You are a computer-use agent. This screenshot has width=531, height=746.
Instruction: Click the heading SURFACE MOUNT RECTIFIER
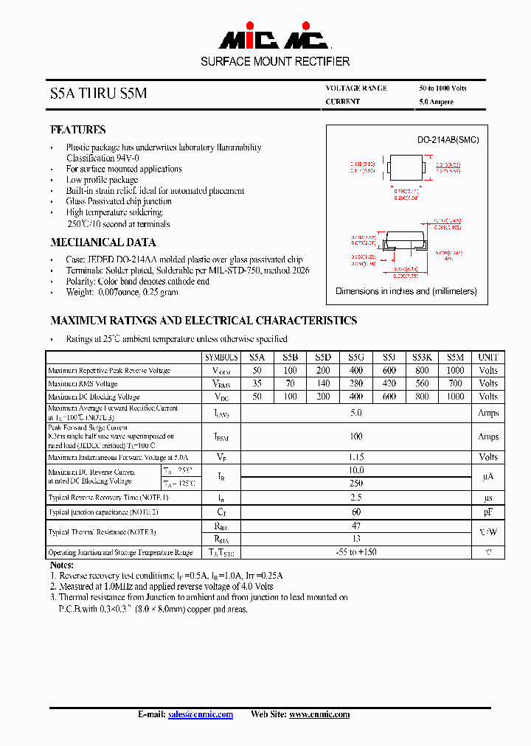pos(275,61)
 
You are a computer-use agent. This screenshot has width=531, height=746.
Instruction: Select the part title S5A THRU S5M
pos(98,94)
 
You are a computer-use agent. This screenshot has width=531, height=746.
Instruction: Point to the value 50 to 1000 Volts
pos(442,88)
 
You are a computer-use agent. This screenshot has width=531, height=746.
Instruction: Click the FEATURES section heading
pos(78,130)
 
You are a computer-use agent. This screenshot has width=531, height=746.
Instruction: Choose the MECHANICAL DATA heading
pos(103,243)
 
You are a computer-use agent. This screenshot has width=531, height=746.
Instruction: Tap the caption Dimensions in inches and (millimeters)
pos(406,291)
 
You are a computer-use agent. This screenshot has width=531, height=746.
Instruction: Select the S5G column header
pos(356,356)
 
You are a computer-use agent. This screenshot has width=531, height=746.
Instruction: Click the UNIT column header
pos(488,356)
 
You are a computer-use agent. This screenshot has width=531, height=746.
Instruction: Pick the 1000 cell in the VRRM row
pos(455,370)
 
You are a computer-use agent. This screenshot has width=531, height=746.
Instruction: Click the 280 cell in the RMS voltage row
pos(356,383)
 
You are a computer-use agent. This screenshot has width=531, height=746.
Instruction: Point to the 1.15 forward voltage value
pos(356,457)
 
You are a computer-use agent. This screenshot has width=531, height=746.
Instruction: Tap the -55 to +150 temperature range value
pos(356,552)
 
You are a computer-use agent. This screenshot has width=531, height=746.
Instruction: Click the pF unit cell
pos(488,512)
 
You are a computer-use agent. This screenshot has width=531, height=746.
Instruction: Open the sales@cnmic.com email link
pos(201,714)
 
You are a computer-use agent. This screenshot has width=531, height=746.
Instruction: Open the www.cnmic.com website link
pos(319,714)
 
